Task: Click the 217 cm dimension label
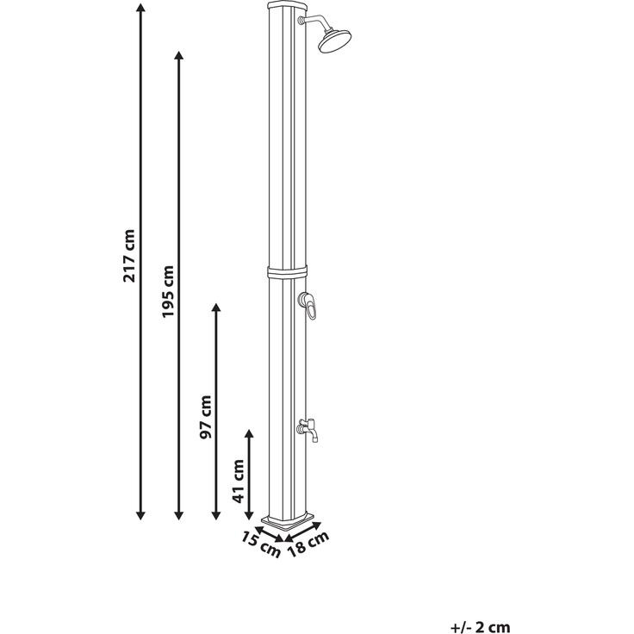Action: (129, 256)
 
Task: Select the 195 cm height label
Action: (167, 291)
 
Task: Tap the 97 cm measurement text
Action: (205, 417)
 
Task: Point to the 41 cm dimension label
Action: (239, 482)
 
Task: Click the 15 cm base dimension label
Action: (261, 544)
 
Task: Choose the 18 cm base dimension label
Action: (308, 544)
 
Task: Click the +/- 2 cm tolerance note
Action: (481, 627)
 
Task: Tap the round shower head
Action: (335, 40)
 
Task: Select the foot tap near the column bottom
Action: (308, 430)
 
